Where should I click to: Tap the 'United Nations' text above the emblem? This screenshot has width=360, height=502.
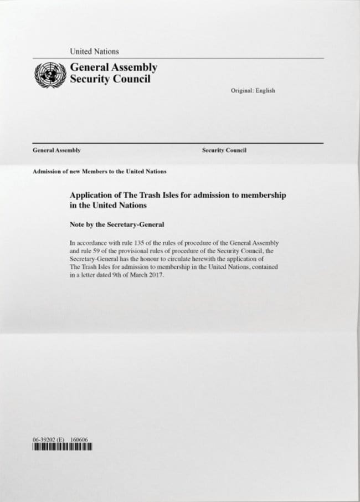[x=94, y=52]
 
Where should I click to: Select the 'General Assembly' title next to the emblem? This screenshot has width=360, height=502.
[x=113, y=68]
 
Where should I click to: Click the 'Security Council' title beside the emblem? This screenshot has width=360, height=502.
[x=110, y=79]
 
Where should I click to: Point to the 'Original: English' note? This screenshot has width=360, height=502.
[x=253, y=91]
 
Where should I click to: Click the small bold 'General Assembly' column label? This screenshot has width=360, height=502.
[x=57, y=150]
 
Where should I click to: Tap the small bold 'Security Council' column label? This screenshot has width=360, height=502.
[x=224, y=150]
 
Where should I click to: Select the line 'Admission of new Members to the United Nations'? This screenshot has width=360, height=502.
[x=100, y=171]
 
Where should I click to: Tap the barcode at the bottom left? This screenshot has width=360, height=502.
[x=62, y=448]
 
